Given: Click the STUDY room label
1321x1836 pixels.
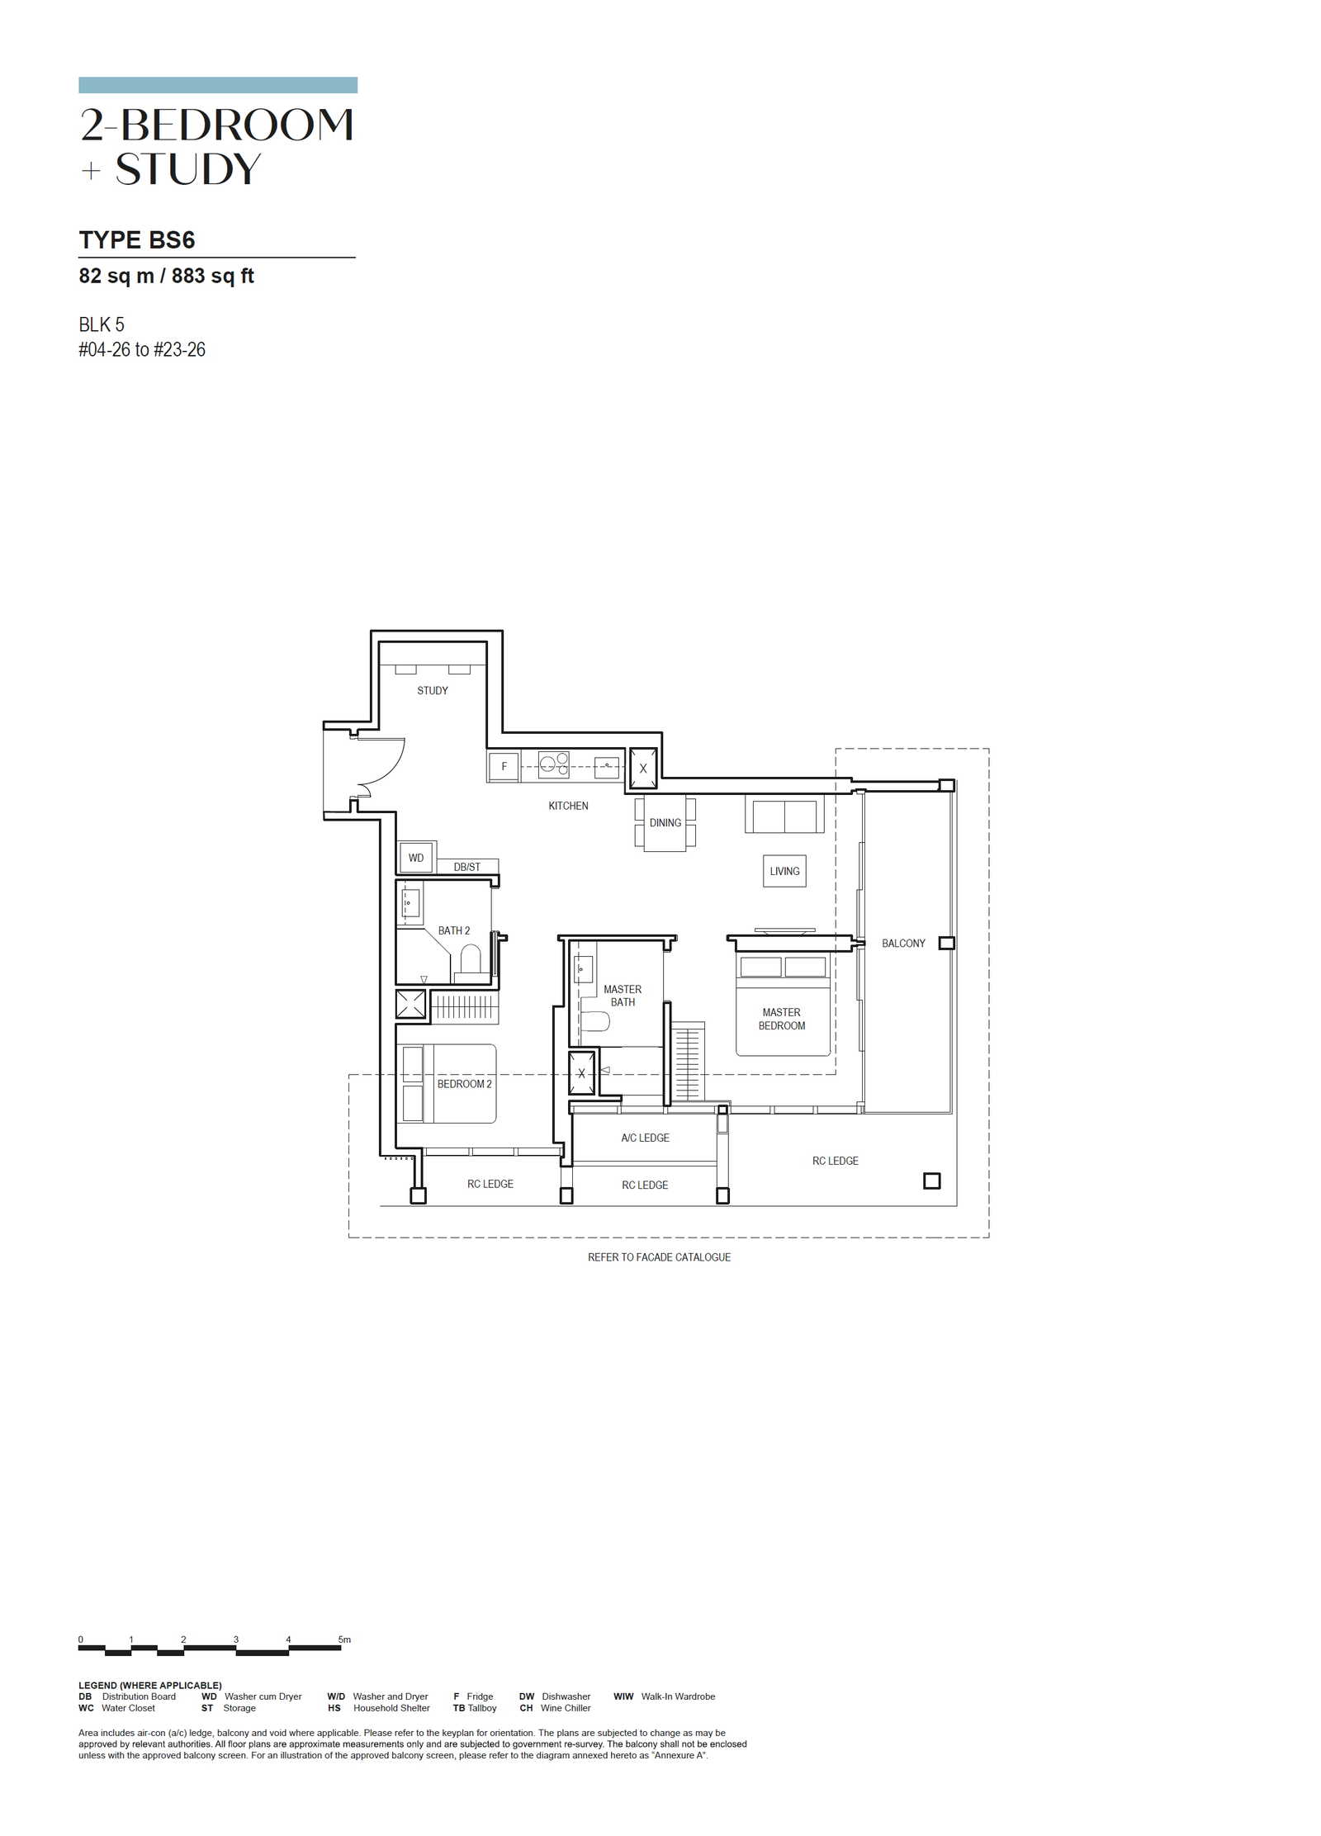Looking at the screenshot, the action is click(x=432, y=690).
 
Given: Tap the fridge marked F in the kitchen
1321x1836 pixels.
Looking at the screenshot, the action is click(x=504, y=766).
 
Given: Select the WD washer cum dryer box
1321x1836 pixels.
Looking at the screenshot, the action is click(x=416, y=858).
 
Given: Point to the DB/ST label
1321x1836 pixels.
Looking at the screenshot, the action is click(x=466, y=867).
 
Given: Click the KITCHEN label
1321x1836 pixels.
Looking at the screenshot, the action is click(x=568, y=806).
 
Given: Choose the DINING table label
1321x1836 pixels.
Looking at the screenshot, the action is click(x=665, y=823).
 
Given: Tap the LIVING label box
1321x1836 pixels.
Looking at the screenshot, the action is click(x=784, y=871).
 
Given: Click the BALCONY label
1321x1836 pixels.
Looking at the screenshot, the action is click(x=903, y=943).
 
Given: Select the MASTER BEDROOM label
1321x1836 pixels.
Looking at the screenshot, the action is click(x=782, y=1019).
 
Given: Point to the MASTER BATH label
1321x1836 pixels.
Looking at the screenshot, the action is click(x=623, y=996).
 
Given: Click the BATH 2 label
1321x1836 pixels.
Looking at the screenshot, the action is click(x=454, y=930).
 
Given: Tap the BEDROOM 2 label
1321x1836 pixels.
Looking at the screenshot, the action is click(x=464, y=1084).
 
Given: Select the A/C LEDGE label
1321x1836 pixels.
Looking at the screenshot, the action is click(x=646, y=1138).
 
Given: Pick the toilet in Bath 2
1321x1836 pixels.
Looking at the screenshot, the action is click(x=471, y=961).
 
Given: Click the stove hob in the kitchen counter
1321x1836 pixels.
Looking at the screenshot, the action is click(x=553, y=765).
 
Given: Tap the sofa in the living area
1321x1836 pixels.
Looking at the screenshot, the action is click(x=784, y=814).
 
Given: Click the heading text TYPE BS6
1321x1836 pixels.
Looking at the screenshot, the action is click(x=137, y=240).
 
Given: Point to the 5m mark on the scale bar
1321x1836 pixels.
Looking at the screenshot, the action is click(x=344, y=1640).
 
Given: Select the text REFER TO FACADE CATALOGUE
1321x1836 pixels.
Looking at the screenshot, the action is click(x=659, y=1256).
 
